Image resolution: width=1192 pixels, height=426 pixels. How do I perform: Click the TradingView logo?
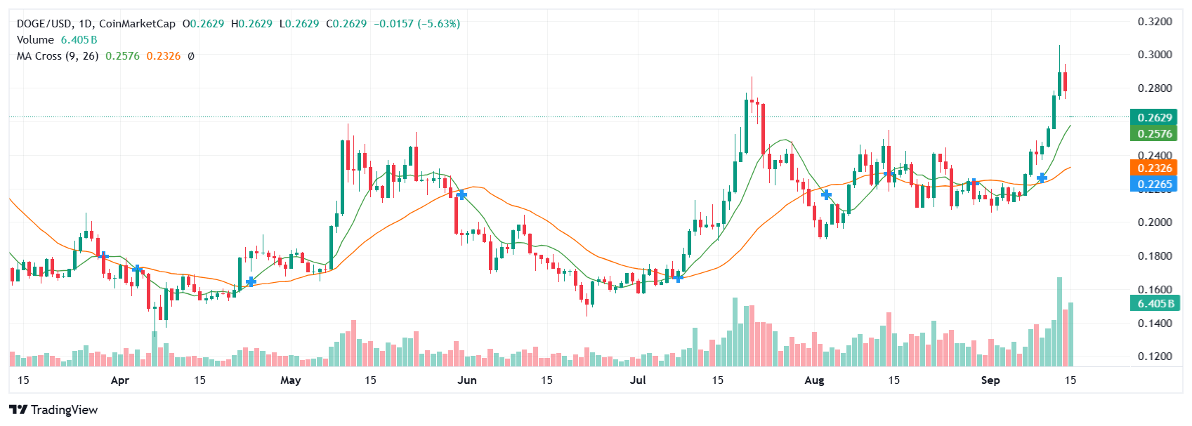click(53, 410)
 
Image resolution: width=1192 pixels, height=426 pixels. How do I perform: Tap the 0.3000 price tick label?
click(1155, 55)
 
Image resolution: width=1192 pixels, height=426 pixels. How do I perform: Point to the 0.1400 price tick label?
click(1155, 323)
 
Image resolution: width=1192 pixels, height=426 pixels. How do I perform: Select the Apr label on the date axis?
click(120, 380)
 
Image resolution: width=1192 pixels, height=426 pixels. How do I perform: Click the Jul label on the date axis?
click(638, 380)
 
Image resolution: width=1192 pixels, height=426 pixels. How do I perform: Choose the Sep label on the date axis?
click(990, 380)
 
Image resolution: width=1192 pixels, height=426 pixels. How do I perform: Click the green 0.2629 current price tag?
click(1155, 117)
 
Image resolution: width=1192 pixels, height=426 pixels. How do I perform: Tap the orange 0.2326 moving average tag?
click(1155, 168)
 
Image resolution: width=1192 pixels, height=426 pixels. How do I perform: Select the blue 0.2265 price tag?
click(1155, 184)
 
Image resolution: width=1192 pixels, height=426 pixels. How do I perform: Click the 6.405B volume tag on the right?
click(1155, 303)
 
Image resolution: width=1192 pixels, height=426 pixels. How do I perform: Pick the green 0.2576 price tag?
click(1155, 133)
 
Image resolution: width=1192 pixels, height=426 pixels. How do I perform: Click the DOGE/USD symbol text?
click(44, 24)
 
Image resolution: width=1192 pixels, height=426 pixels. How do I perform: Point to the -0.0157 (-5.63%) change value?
click(417, 24)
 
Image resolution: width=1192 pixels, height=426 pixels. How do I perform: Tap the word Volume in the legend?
click(35, 40)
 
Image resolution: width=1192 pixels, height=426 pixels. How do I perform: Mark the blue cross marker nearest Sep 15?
click(1042, 178)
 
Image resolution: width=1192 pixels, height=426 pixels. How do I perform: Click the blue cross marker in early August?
click(826, 194)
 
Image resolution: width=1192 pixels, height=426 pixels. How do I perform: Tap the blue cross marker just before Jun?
click(461, 194)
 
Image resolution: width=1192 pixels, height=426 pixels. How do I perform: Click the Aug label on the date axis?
click(814, 380)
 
